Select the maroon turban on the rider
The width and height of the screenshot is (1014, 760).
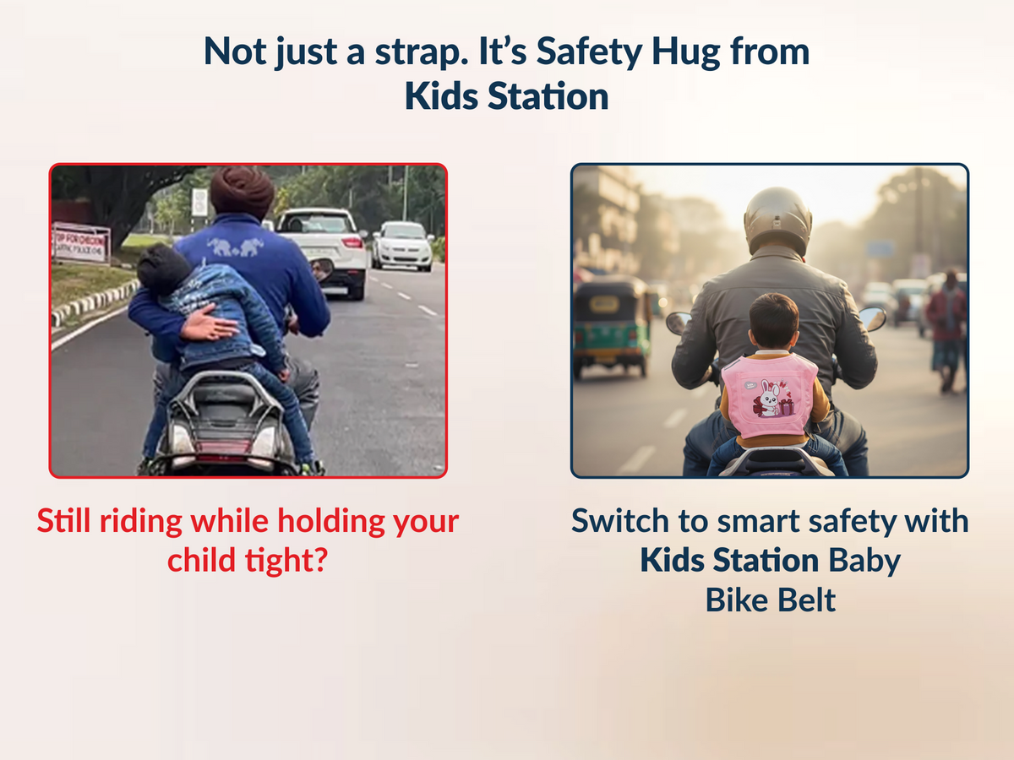coord(242,192)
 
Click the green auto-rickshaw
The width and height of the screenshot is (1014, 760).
coord(612,325)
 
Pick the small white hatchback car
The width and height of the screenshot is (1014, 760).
coord(401,244)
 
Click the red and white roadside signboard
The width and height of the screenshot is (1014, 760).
coord(81,242)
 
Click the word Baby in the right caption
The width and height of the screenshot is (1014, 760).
coord(864,560)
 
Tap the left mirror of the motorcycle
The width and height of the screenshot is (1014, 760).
coord(678,323)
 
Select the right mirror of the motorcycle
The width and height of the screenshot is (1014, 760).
coord(872,318)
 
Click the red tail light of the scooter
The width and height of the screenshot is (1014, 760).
coord(224,448)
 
